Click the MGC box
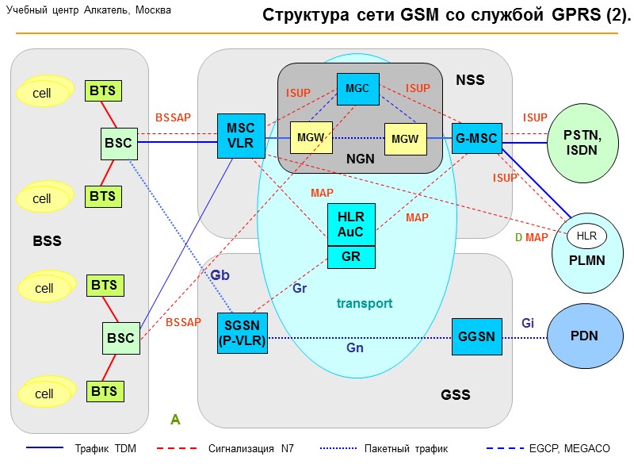(357, 89)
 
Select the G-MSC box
(476, 139)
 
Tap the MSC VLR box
(241, 136)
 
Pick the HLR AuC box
(351, 225)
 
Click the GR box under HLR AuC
(351, 257)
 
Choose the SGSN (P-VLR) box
(243, 333)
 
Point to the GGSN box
(476, 336)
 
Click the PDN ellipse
(583, 336)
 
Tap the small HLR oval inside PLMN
(586, 235)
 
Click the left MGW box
(310, 139)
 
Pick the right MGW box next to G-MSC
(404, 139)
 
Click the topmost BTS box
(103, 90)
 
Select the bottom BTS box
(103, 391)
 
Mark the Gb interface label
(220, 274)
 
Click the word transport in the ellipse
(365, 303)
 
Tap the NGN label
(361, 159)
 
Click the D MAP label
(532, 237)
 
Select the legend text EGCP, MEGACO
(569, 448)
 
